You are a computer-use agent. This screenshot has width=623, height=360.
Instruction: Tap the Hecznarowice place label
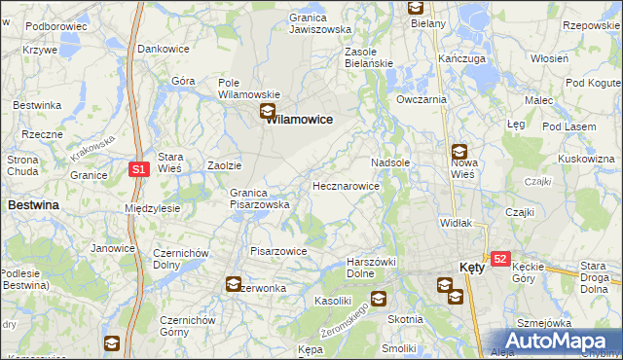(346, 185)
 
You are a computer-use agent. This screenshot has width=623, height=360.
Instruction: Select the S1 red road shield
(139, 169)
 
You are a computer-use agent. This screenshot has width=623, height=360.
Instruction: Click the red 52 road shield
(500, 259)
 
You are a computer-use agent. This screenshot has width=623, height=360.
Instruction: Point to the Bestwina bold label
(33, 205)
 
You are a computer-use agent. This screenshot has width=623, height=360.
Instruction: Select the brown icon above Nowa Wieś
(458, 152)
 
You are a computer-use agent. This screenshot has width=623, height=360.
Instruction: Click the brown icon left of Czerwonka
(234, 285)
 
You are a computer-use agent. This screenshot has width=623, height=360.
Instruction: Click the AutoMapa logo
(559, 341)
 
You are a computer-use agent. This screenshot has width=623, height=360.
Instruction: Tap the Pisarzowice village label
(279, 251)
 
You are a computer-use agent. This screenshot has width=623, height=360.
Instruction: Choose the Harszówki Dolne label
(375, 269)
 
